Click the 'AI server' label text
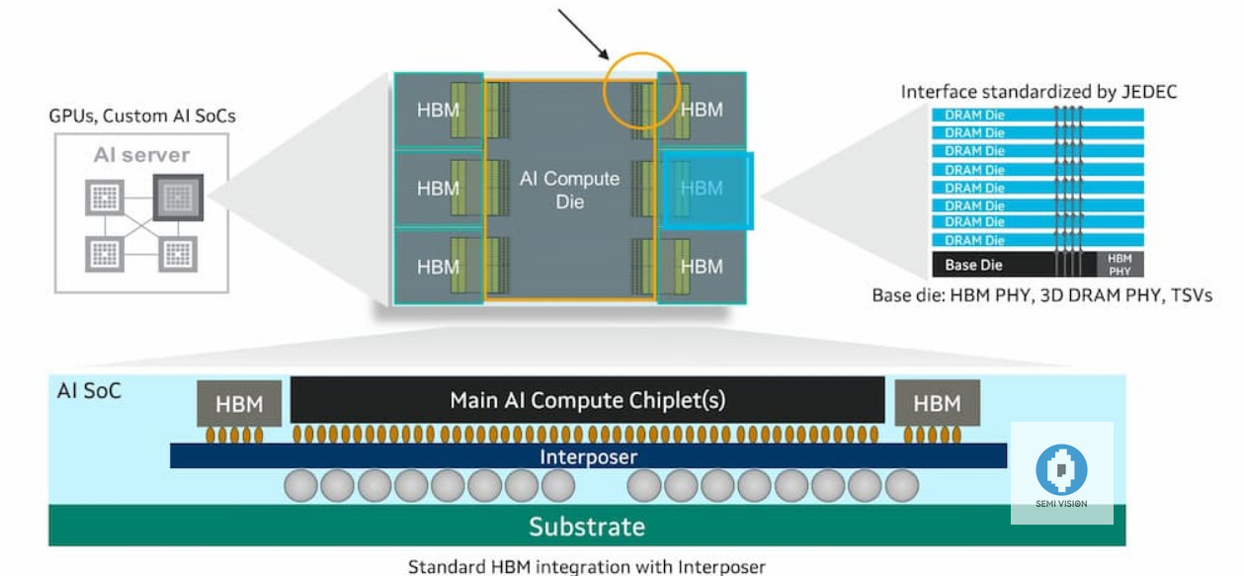click(140, 156)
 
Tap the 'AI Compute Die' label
click(569, 190)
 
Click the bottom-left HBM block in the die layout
click(438, 267)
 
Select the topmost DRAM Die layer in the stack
click(1037, 115)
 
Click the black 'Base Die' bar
click(1018, 265)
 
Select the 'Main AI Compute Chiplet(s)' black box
click(588, 400)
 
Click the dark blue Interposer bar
click(588, 456)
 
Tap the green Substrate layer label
click(587, 527)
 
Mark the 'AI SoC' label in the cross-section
click(90, 391)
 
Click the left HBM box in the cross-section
click(239, 403)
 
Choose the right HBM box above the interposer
click(937, 403)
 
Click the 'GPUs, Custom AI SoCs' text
click(142, 117)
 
